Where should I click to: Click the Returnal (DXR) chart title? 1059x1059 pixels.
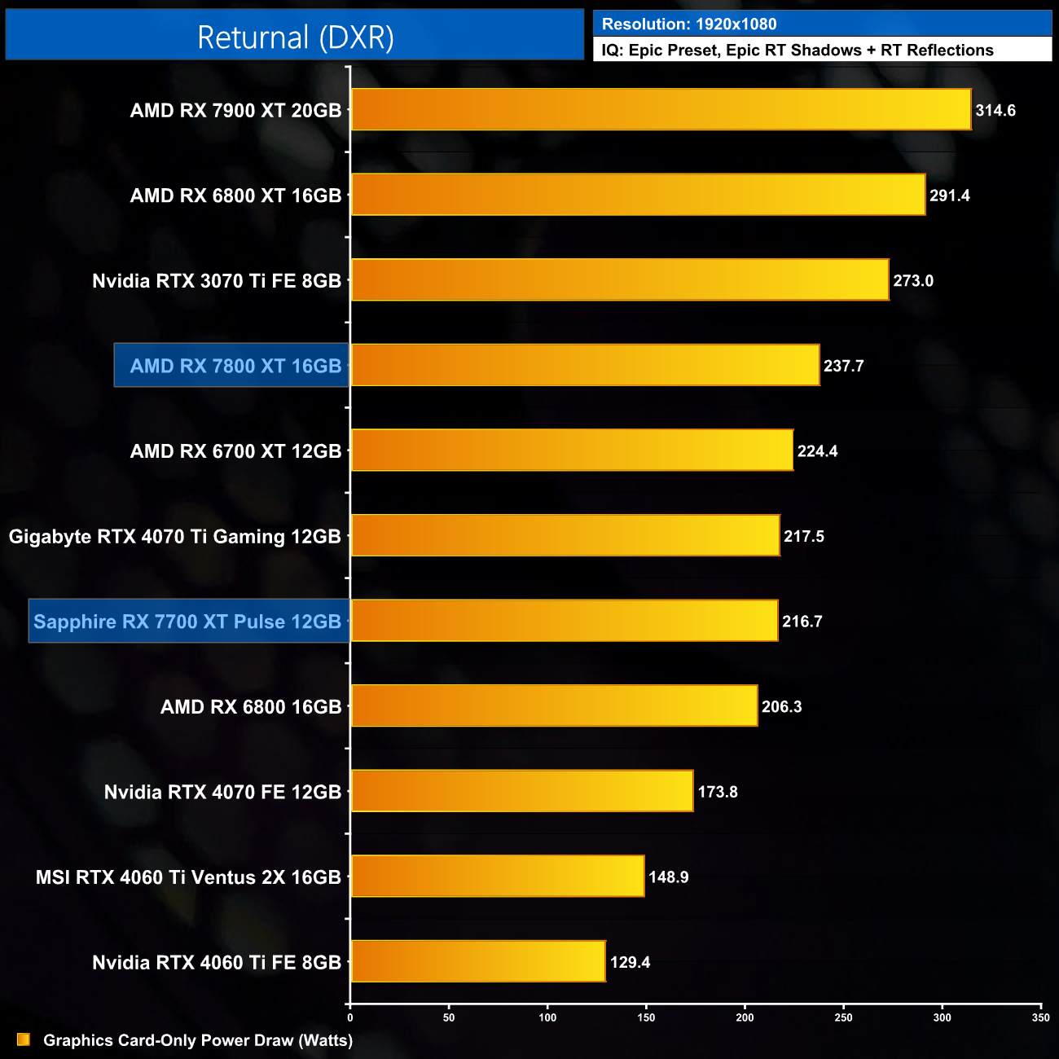[295, 37]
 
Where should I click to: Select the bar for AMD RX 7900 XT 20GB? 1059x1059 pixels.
[661, 110]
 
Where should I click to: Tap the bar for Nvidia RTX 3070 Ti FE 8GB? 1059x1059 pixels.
[619, 280]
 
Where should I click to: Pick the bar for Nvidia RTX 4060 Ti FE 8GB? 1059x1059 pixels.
[478, 962]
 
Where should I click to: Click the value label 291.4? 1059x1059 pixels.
[950, 196]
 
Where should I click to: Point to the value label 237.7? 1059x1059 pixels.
[843, 366]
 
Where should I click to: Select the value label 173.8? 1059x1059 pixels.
[718, 792]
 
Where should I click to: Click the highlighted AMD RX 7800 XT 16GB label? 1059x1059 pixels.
[235, 366]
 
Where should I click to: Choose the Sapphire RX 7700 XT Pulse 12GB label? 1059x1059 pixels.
[187, 622]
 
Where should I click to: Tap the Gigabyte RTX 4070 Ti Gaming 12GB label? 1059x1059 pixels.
[175, 537]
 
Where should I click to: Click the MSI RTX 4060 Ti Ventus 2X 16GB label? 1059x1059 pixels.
[188, 877]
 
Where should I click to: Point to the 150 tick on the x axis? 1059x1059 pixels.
[646, 1017]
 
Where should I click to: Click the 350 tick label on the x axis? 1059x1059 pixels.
[1040, 1017]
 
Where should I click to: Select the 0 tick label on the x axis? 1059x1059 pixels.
[350, 1017]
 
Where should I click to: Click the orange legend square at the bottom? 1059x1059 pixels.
[24, 1039]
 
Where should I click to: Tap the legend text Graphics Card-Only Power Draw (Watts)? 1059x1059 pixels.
[198, 1040]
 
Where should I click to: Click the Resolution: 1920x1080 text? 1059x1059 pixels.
[689, 24]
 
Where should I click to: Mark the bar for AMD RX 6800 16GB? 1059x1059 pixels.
[554, 706]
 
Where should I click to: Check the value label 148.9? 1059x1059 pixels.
[669, 877]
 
